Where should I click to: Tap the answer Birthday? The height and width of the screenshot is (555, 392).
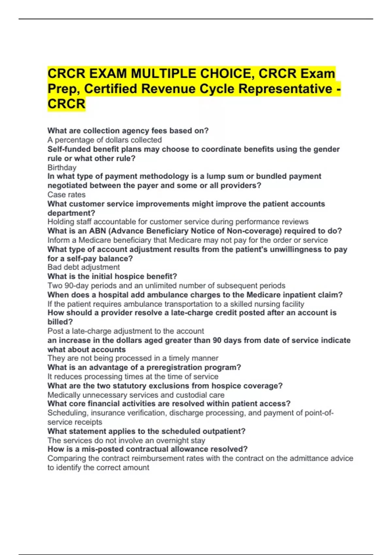coord(62,167)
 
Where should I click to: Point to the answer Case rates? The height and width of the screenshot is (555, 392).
coord(66,195)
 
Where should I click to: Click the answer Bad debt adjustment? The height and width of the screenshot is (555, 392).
coord(83,267)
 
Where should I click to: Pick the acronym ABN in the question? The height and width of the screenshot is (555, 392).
coord(97,231)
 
